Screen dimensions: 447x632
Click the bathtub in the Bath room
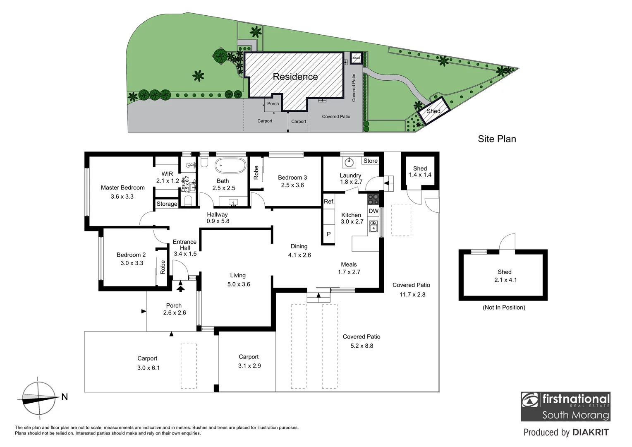230,166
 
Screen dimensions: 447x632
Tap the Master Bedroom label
123,187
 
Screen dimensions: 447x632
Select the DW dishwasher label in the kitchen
373,211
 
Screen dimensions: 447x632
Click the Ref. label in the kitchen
329,202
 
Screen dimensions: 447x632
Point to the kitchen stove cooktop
373,199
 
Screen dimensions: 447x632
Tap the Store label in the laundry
370,161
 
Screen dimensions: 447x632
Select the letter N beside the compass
65,397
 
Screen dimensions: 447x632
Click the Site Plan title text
497,139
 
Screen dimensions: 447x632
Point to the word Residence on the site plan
295,77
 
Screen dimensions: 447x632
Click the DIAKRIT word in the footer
591,433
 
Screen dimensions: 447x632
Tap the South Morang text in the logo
575,415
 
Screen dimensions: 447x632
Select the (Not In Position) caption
504,308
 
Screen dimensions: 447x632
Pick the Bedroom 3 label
292,178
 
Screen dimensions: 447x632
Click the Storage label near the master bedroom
167,204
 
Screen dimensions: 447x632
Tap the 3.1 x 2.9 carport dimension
250,366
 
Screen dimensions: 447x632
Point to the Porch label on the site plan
273,103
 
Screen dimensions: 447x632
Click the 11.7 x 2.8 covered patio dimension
413,295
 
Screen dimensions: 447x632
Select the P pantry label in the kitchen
329,234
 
